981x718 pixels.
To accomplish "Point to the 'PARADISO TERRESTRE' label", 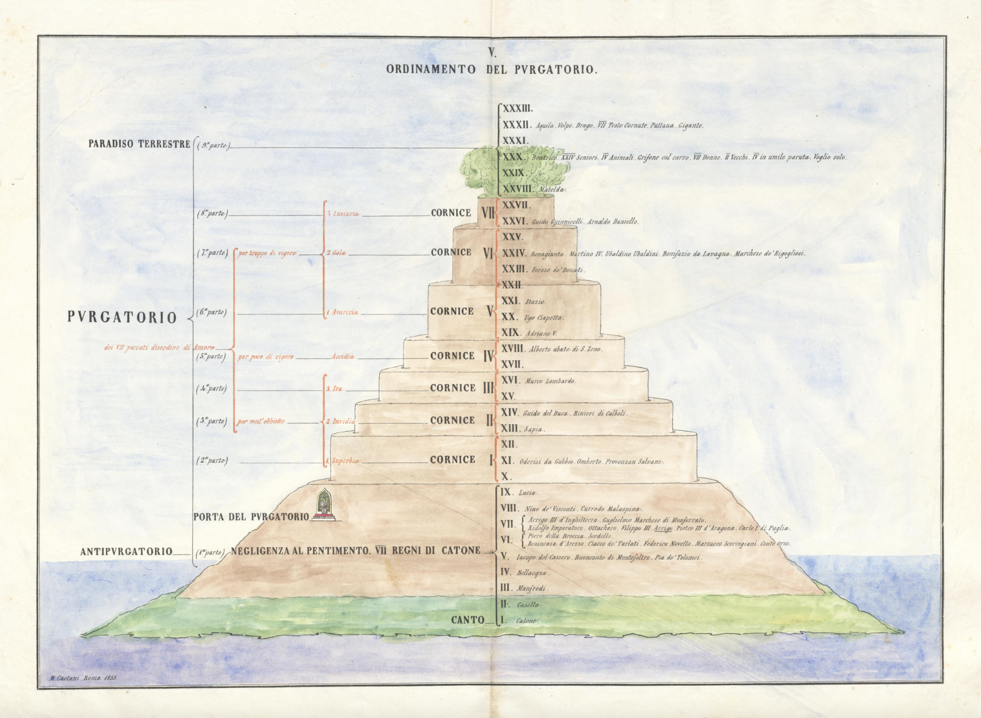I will click(x=139, y=144).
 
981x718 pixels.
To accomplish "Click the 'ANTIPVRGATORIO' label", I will click(x=126, y=552).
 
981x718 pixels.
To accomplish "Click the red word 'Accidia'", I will click(x=343, y=357).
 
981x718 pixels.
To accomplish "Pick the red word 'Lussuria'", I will click(x=343, y=214).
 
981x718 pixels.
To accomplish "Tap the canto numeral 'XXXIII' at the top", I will click(x=517, y=109).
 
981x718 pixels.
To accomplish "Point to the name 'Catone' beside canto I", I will click(x=527, y=621).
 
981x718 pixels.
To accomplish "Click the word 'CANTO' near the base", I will click(x=468, y=620).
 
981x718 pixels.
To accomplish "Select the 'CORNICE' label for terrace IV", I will click(x=452, y=356).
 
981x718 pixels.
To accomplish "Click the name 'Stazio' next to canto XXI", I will click(x=535, y=302).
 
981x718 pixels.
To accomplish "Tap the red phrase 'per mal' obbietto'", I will click(x=261, y=421).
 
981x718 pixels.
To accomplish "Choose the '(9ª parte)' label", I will click(x=213, y=146).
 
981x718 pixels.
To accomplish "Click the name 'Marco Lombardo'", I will click(x=550, y=381).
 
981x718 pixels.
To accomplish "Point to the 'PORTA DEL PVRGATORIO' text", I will click(x=251, y=517).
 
